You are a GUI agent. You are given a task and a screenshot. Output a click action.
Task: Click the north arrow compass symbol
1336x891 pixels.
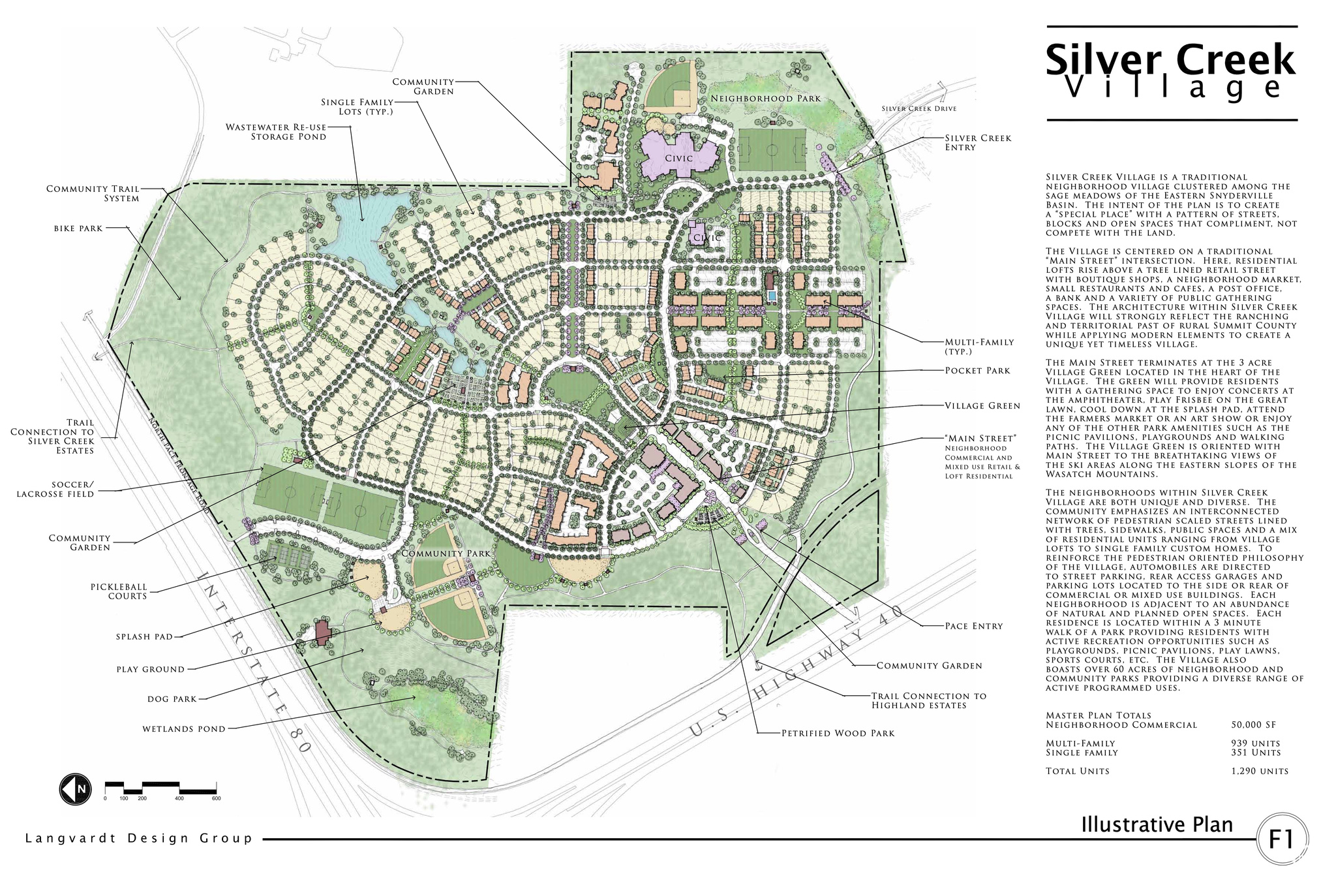point(75,789)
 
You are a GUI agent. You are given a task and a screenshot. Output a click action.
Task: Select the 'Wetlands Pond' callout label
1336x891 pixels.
point(184,729)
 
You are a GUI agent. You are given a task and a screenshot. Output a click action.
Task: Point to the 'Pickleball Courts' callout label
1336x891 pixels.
point(119,591)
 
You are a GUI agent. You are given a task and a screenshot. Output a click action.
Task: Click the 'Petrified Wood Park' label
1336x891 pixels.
point(838,733)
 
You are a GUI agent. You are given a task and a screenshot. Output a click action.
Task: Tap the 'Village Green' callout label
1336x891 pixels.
point(982,406)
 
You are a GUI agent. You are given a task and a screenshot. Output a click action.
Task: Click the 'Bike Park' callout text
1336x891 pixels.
point(78,228)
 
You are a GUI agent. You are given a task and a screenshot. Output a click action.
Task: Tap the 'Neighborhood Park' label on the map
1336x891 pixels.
point(765,99)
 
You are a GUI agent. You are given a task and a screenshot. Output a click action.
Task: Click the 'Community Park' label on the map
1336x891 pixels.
point(446,554)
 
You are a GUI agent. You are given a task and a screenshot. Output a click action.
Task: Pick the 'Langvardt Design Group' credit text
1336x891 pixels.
point(138,838)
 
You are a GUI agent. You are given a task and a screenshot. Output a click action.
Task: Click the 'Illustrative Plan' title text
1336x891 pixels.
point(1157,824)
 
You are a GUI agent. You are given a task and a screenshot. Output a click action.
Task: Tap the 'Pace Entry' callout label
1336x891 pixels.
point(973,626)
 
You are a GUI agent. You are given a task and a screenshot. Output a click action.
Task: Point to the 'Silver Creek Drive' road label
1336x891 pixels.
point(918,109)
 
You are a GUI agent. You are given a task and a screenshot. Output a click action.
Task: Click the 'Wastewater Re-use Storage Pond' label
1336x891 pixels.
point(276,132)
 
